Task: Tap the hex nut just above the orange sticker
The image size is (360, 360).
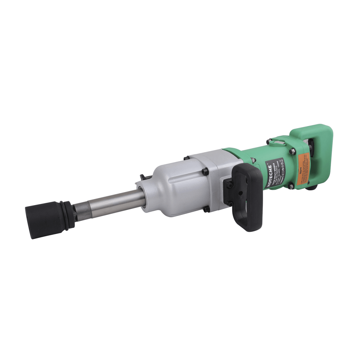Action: pyautogui.click(x=291, y=153)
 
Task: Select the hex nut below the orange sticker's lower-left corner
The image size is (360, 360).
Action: pyautogui.click(x=290, y=187)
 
